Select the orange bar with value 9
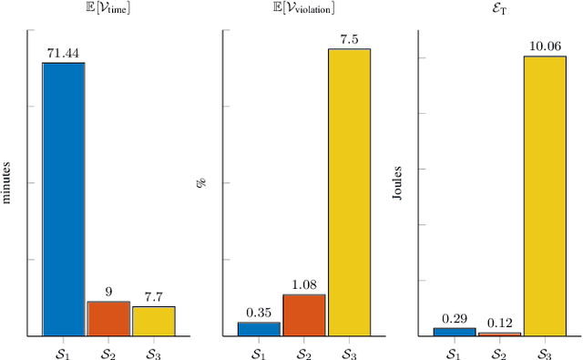pos(108,318)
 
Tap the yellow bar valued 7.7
pos(153,321)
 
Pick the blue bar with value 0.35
pos(259,329)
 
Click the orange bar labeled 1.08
pos(303,314)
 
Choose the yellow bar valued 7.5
pos(349,192)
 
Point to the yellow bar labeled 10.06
pos(544,196)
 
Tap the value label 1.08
pos(303,286)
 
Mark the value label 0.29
pos(455,319)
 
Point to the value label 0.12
pos(499,324)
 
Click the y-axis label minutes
pos(8,181)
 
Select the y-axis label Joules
pos(398,181)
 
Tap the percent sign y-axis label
pos(203,181)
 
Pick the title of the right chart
pos(499,11)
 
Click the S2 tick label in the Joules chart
pos(499,351)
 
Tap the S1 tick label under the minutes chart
pos(64,351)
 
